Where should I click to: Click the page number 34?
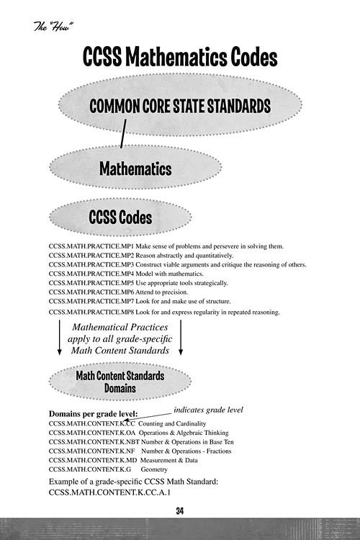[x=180, y=511]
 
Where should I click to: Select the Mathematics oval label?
[x=135, y=168]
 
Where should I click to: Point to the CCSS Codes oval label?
[x=120, y=216]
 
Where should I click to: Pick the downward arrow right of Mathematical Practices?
[x=181, y=338]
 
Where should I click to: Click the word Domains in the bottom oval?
[x=120, y=387]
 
